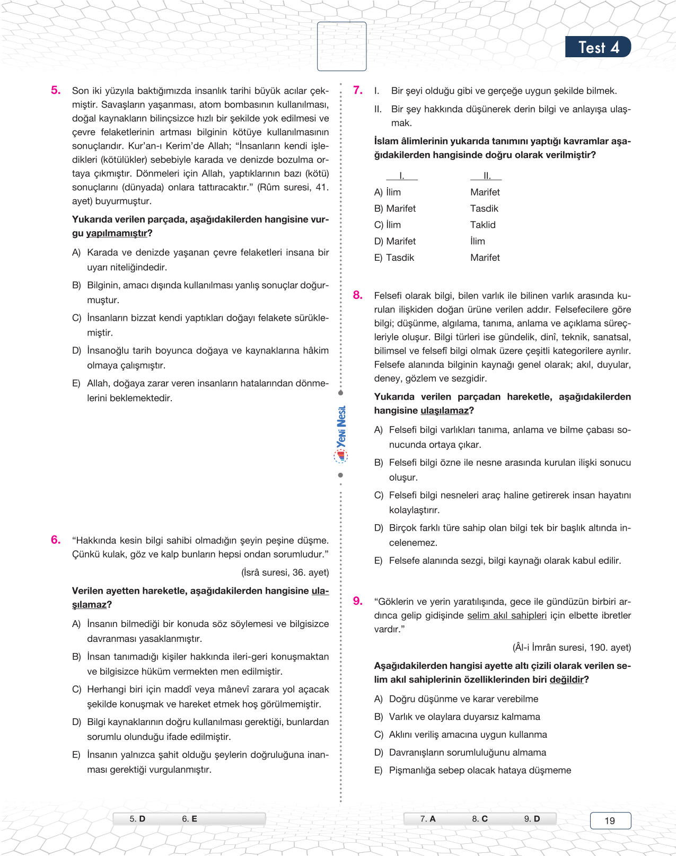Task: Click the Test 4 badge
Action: click(x=598, y=47)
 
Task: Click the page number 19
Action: click(x=610, y=820)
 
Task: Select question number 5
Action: click(x=56, y=90)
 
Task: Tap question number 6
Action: click(x=56, y=540)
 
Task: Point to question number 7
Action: click(x=358, y=90)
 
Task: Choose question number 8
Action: click(x=358, y=295)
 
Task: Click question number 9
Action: click(x=358, y=601)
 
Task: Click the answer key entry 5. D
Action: click(x=137, y=819)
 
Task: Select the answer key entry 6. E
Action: click(x=189, y=819)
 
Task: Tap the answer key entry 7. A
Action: click(x=428, y=819)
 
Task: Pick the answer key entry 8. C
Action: click(x=480, y=819)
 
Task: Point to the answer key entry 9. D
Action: click(x=532, y=819)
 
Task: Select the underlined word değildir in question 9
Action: click(x=567, y=679)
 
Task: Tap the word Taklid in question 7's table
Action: click(x=482, y=225)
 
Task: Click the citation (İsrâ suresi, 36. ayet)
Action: click(x=285, y=572)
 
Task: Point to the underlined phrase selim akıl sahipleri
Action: click(x=506, y=615)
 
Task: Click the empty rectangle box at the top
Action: click(x=341, y=46)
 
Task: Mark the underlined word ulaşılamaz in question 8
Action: click(x=445, y=411)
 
